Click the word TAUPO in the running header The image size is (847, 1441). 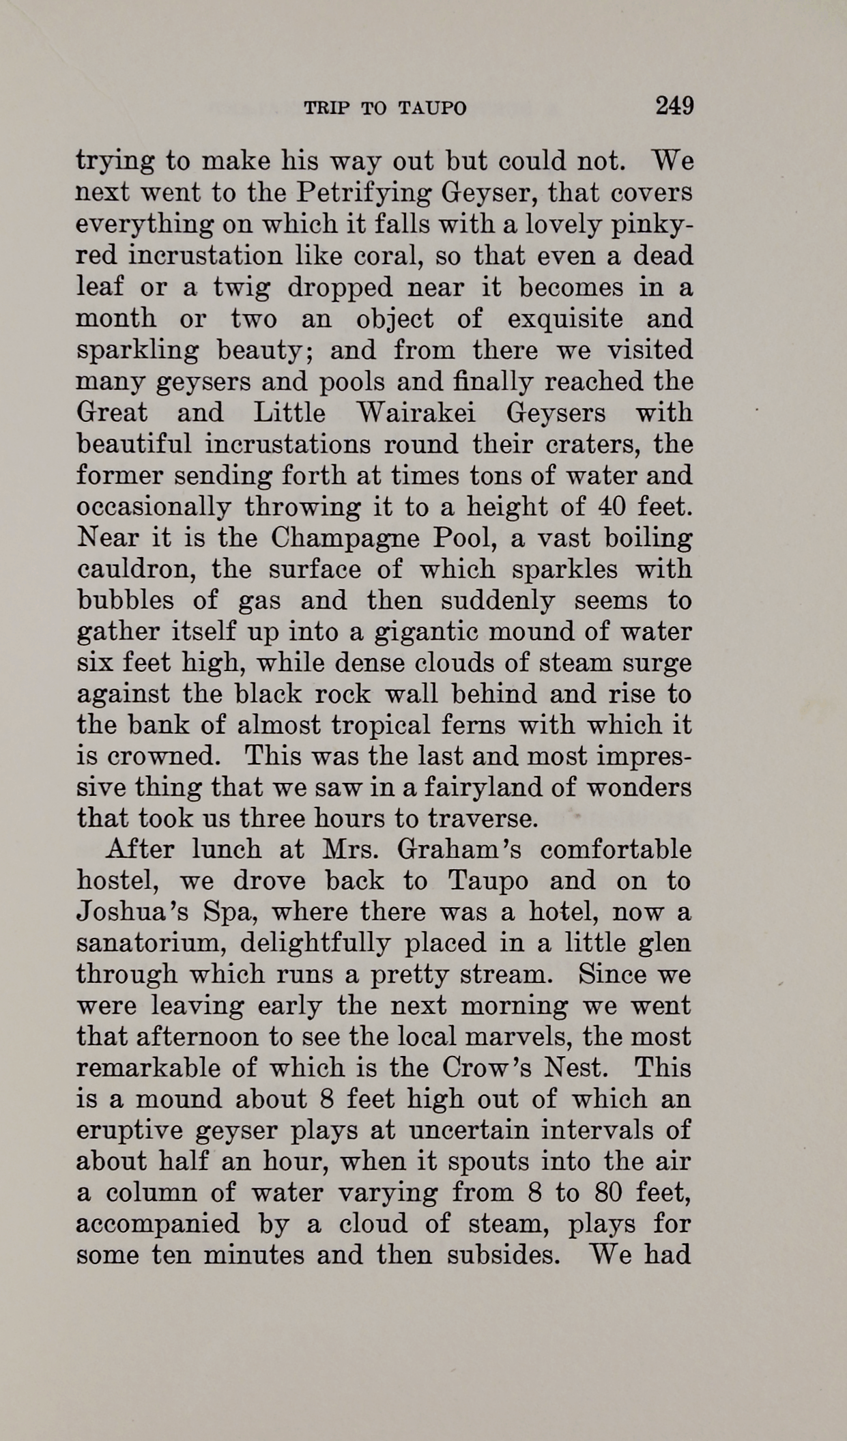coord(432,108)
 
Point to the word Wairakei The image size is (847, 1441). coord(416,413)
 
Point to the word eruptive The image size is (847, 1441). coord(128,1131)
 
